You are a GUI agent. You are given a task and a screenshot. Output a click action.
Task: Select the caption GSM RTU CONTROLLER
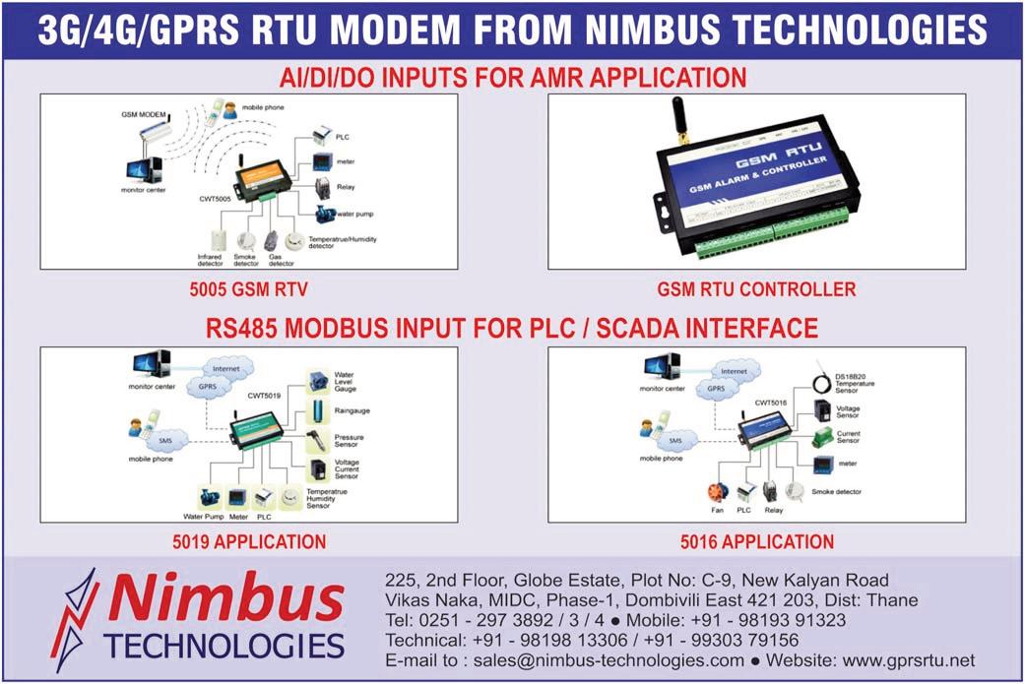(x=756, y=289)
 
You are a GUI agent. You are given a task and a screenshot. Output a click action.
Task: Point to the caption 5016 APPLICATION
(x=756, y=541)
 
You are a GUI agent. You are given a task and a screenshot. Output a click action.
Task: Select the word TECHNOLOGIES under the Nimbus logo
(x=223, y=647)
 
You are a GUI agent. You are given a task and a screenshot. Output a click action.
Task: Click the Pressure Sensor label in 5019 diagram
(x=350, y=441)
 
